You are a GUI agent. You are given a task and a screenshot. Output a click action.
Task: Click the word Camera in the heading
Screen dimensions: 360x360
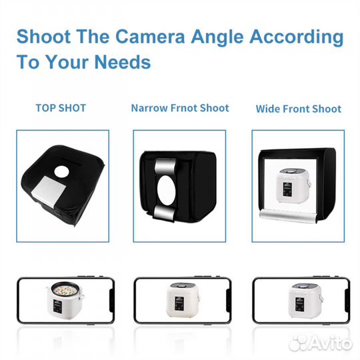point(150,37)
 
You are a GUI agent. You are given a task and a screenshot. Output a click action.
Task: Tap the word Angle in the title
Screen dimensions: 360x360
point(217,37)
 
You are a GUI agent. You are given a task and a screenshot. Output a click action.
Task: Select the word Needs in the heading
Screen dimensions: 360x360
point(123,62)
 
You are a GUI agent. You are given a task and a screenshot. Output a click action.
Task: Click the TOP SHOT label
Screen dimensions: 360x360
point(61,108)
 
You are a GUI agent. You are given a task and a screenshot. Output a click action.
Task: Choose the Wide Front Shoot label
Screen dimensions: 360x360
point(299,109)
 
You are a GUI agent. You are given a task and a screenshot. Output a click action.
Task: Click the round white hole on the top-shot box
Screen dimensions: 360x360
point(61,172)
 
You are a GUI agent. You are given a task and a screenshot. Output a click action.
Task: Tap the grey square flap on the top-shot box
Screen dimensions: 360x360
point(49,188)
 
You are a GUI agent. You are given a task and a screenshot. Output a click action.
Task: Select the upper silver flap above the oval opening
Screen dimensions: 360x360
point(165,167)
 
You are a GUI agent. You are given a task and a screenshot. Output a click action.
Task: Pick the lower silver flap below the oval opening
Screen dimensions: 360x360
point(164,213)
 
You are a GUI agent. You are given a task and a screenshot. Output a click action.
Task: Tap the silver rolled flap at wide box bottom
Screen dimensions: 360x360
point(289,215)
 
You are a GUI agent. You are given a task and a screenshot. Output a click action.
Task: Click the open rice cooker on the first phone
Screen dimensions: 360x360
point(65,299)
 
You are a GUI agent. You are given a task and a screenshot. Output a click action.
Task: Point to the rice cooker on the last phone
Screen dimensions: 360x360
point(305,300)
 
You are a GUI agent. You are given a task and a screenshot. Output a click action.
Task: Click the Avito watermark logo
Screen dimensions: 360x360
point(320,343)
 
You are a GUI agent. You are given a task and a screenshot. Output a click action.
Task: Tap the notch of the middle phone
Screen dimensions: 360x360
point(229,300)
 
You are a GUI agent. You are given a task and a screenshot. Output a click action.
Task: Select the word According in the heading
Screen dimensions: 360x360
point(297,37)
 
